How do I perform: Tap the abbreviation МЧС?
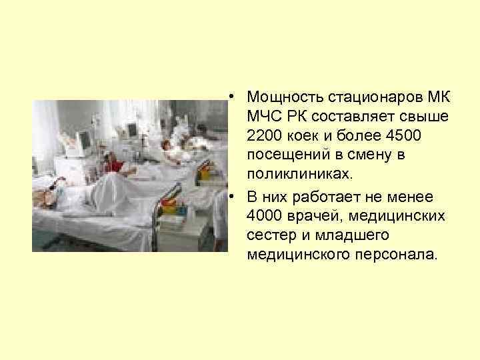point(263,118)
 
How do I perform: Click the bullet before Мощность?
point(229,99)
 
